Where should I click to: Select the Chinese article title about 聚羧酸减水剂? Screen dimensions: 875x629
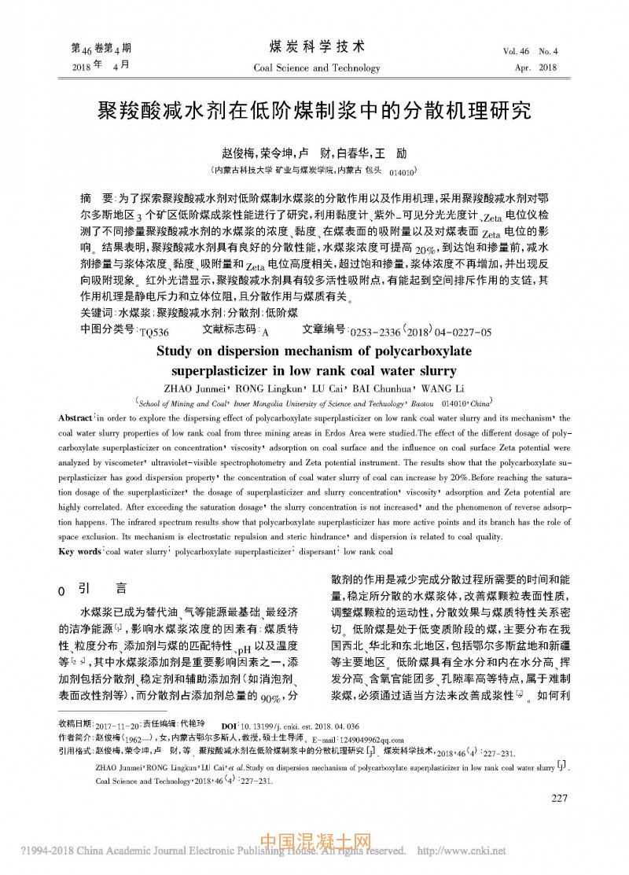[314, 110]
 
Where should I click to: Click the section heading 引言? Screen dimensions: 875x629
[102, 587]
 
